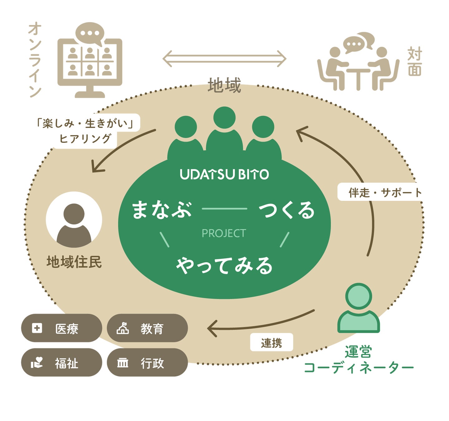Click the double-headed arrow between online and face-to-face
(224, 58)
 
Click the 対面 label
(415, 62)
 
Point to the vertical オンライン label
(35, 59)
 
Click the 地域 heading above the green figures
(224, 86)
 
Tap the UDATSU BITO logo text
(224, 174)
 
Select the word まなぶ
(162, 210)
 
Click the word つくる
(287, 210)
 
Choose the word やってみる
(224, 266)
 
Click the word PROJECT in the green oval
(224, 233)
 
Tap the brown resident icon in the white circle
(74, 222)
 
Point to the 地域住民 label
(74, 262)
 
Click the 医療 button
(61, 328)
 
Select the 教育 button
(147, 328)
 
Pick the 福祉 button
(61, 363)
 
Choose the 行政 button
(147, 363)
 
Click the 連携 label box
(271, 342)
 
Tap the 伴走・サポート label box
(380, 192)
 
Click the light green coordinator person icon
(359, 309)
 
